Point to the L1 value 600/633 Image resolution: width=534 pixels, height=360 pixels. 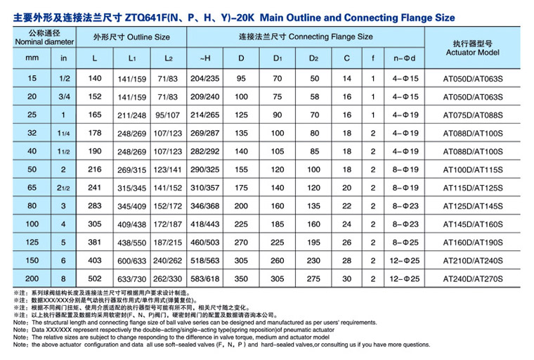click(x=132, y=260)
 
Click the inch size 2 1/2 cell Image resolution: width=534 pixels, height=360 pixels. click(x=64, y=188)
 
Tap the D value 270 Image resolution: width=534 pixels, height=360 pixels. click(x=242, y=243)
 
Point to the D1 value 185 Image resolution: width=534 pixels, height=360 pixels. click(x=278, y=224)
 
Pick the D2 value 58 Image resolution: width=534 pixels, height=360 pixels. click(x=313, y=96)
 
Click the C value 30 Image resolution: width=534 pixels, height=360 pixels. click(x=346, y=278)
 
